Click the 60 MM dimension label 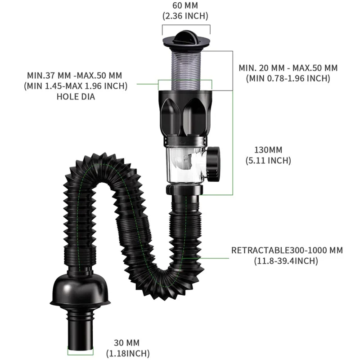tap(185, 5)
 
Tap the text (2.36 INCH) tap(185, 16)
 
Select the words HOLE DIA tap(76, 96)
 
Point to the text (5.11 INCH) tap(268, 160)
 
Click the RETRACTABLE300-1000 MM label tap(287, 250)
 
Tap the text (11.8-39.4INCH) tap(287, 261)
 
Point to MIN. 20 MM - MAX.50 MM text tap(288, 68)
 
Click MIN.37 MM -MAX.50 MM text tap(74, 75)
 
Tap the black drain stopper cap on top tap(186, 40)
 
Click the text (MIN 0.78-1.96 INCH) tap(288, 78)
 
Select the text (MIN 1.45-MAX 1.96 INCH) tap(76, 85)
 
